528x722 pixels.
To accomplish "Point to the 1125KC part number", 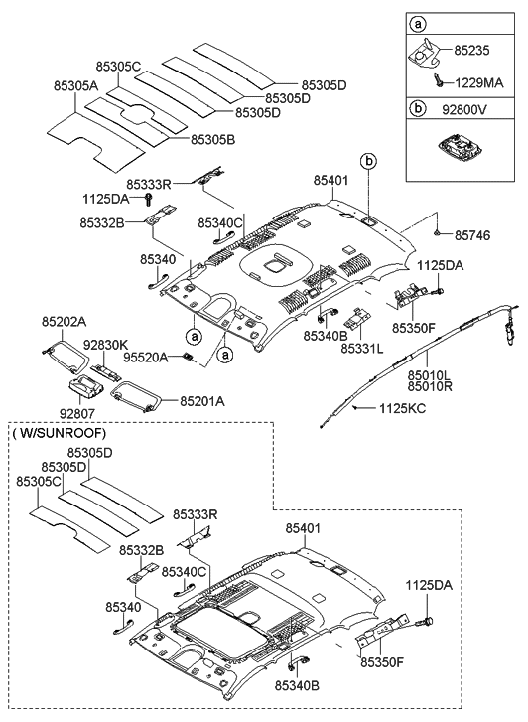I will click(403, 408).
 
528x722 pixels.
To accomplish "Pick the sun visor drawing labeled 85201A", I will click(134, 398).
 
